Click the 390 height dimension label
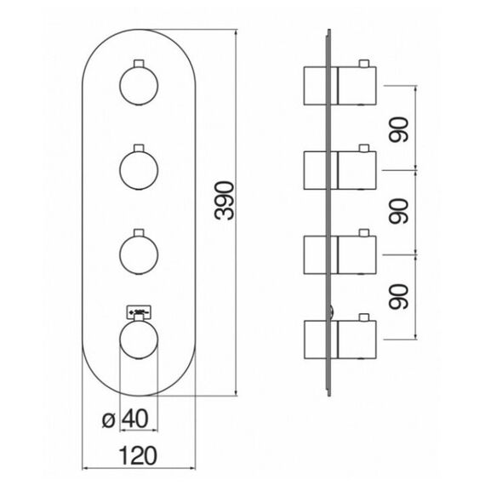[225, 201]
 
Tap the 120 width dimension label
[138, 455]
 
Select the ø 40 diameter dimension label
[126, 419]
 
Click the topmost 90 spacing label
[398, 129]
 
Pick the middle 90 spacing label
[398, 211]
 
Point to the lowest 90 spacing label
[398, 297]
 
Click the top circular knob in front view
[139, 86]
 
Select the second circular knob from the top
[139, 170]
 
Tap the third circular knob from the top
[139, 255]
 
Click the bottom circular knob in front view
[139, 340]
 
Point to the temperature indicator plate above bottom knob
[139, 311]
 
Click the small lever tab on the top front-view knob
[139, 63]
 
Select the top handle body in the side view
[357, 86]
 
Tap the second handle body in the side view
[357, 170]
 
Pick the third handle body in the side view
[357, 255]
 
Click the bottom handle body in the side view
[357, 340]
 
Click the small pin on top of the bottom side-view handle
[364, 317]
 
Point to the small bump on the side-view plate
[332, 311]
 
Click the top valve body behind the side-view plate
[315, 86]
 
